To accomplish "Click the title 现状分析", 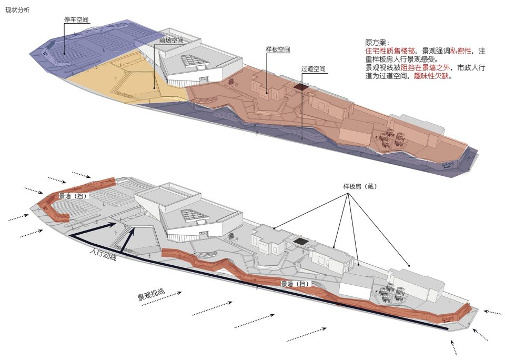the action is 17,10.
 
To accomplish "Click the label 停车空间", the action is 76,19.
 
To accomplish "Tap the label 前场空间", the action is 171,41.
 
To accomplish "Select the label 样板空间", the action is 278,49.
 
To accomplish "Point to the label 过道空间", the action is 313,68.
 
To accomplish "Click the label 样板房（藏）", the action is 360,186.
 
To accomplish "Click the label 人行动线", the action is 103,254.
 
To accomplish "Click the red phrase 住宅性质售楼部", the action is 390,51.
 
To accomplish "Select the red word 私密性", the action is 461,51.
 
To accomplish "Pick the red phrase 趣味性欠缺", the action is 431,76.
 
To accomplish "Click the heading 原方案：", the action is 377,43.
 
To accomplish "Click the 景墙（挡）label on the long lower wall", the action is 295,284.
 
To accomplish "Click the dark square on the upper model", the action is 300,87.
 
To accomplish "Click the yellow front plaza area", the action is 129,81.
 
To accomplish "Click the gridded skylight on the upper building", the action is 193,61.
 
